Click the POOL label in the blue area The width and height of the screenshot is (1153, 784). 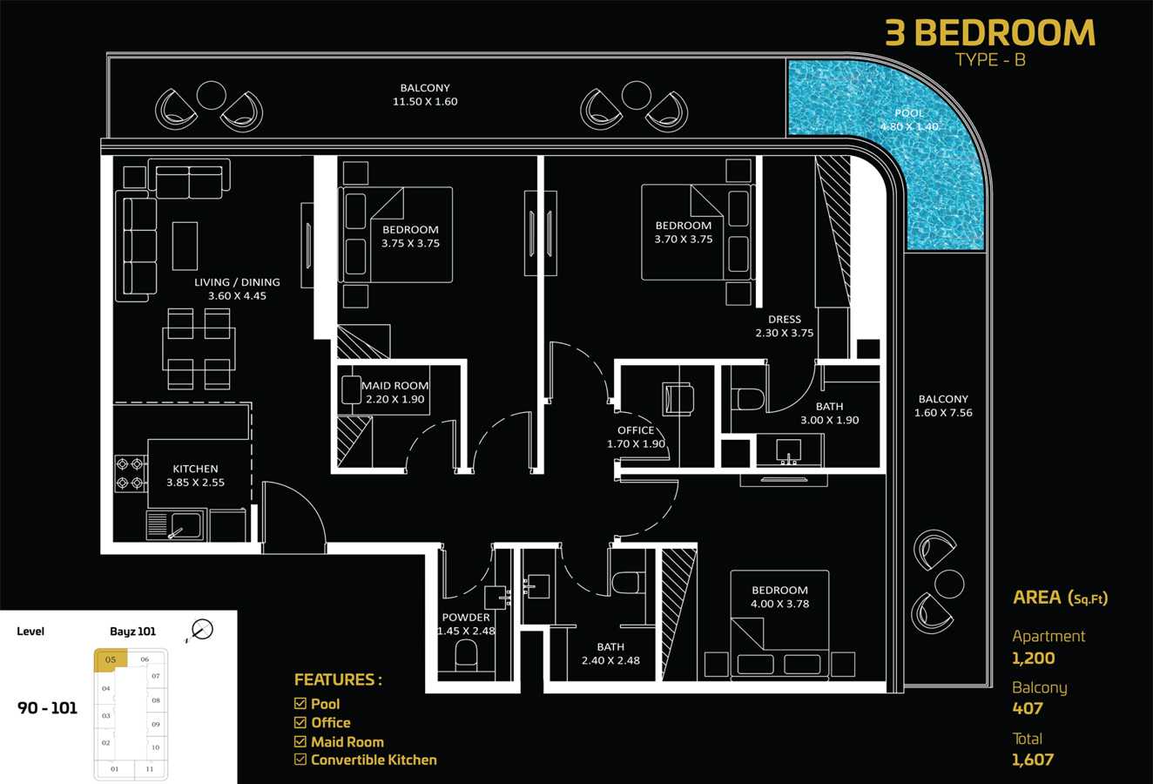click(x=909, y=112)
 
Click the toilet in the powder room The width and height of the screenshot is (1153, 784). click(x=467, y=656)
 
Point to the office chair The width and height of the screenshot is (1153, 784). click(x=678, y=398)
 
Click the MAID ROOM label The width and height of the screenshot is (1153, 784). click(x=394, y=386)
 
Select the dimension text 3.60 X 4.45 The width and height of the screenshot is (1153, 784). click(x=237, y=296)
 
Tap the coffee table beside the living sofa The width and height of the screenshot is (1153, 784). click(x=185, y=246)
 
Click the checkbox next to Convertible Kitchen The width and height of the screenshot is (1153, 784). click(x=300, y=760)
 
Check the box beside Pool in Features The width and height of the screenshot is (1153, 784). click(x=300, y=703)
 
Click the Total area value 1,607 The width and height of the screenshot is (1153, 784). click(x=1033, y=760)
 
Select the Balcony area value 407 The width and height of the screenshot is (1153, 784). click(x=1028, y=708)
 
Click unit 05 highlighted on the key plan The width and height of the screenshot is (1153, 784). click(x=111, y=660)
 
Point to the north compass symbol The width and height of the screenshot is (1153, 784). click(x=201, y=630)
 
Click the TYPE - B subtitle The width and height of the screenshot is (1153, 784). click(x=990, y=60)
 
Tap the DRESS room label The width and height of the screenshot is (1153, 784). click(x=785, y=319)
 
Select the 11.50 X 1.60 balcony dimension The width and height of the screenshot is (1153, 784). click(x=425, y=101)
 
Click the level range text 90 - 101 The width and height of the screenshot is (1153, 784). click(x=47, y=708)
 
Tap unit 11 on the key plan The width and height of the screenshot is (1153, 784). click(x=149, y=769)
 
